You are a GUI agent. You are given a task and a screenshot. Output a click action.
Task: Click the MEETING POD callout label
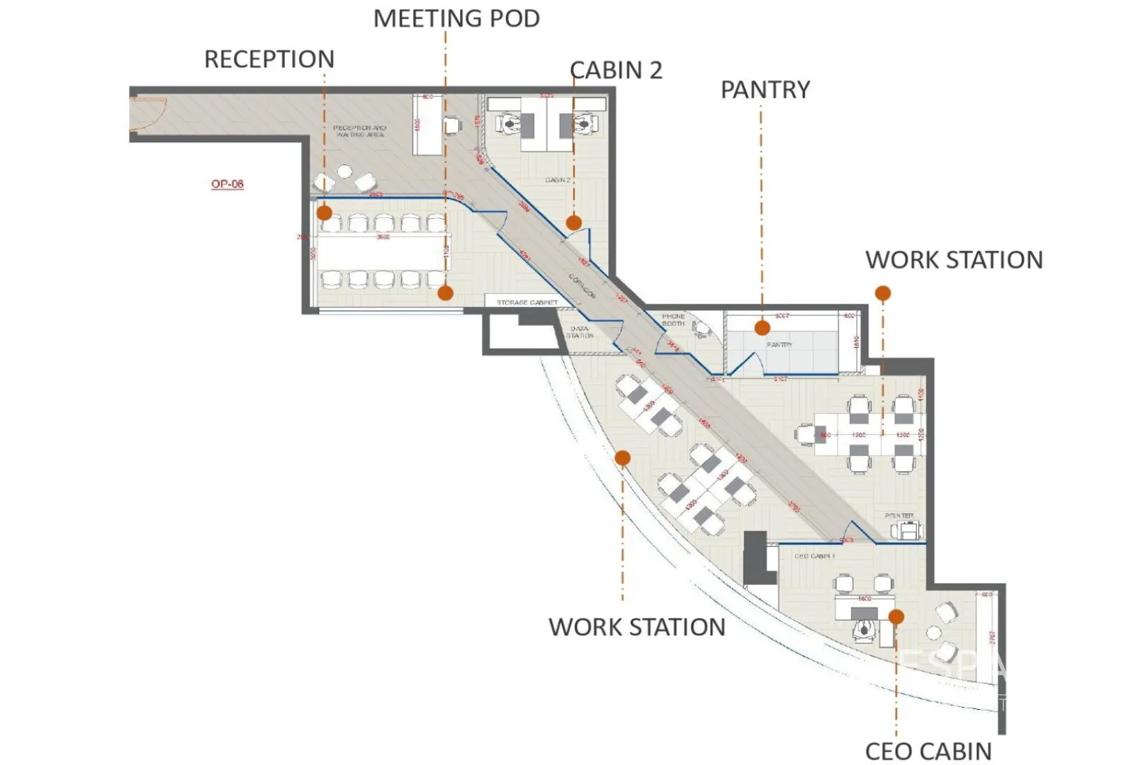(456, 18)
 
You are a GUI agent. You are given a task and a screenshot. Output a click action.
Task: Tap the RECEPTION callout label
(269, 59)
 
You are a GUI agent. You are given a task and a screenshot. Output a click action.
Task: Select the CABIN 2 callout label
(616, 70)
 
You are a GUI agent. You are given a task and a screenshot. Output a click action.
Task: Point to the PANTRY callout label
(765, 90)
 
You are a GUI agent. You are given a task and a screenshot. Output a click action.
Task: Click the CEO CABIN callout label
(928, 752)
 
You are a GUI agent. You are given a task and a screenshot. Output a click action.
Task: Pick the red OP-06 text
(227, 184)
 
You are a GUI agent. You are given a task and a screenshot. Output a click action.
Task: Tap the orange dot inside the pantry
(762, 327)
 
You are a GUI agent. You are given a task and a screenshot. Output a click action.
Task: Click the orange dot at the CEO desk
(896, 617)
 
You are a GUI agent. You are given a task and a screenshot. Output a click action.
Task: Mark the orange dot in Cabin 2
(574, 222)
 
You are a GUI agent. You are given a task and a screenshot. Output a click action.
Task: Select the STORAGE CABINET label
(527, 302)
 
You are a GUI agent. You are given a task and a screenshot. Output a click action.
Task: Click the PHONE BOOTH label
(673, 319)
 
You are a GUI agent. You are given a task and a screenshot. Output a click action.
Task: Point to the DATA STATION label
(580, 331)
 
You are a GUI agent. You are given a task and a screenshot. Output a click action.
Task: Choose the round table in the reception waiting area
(345, 171)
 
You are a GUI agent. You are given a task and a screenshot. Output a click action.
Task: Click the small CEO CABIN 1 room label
(814, 556)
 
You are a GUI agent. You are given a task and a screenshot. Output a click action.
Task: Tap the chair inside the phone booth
(702, 328)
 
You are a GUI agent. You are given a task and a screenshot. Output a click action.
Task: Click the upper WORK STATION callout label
(954, 260)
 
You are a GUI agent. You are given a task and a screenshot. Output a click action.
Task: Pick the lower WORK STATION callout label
(637, 627)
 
